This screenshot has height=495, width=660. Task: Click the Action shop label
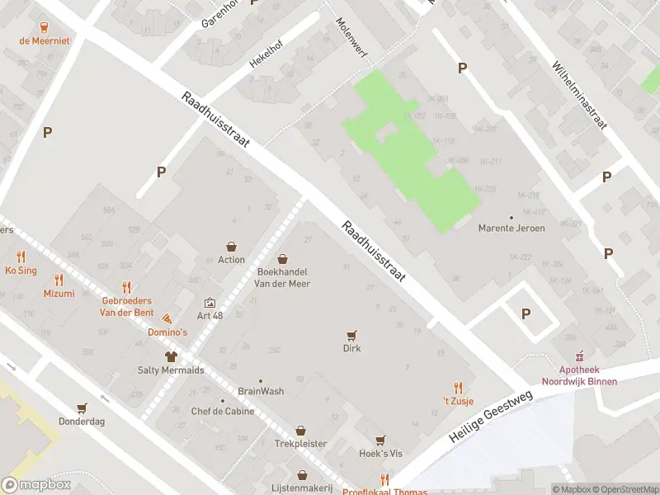click(x=231, y=260)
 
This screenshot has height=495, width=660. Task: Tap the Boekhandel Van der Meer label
click(x=283, y=276)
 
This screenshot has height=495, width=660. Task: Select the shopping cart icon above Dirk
click(x=352, y=335)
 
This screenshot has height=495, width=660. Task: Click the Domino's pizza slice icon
click(x=167, y=318)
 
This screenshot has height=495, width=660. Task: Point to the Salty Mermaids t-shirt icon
click(x=171, y=356)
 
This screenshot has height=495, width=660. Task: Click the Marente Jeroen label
click(x=511, y=229)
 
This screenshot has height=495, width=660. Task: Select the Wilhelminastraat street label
click(x=579, y=95)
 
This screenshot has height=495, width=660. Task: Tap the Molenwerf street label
click(x=351, y=39)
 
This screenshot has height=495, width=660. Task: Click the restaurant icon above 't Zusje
click(x=457, y=388)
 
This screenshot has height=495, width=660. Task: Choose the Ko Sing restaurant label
click(x=21, y=271)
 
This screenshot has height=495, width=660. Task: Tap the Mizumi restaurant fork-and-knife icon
click(x=59, y=280)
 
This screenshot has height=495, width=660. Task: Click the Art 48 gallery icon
click(x=210, y=303)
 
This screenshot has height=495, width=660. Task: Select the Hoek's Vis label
click(x=379, y=455)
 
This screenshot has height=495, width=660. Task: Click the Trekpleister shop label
click(x=300, y=444)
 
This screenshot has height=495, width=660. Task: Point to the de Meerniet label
click(x=45, y=40)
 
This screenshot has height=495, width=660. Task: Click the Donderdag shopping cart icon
click(x=81, y=408)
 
